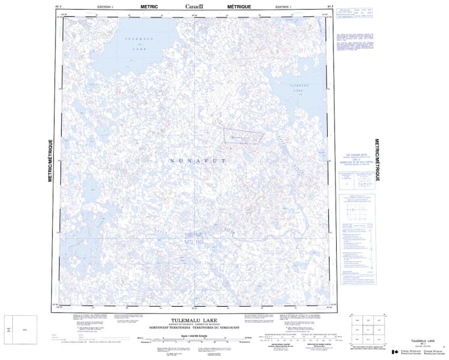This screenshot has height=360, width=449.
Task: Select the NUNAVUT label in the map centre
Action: tap(197, 161)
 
